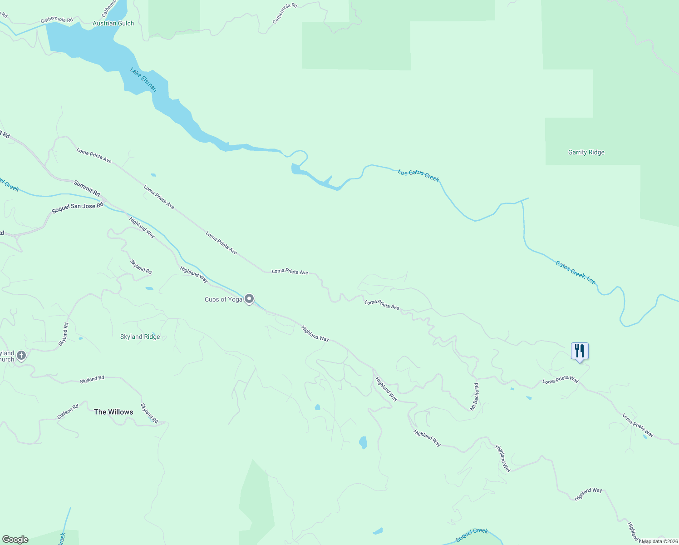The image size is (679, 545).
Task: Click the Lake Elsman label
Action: tap(143, 79)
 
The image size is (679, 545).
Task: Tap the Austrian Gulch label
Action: tap(113, 23)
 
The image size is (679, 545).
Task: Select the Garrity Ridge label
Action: tap(586, 152)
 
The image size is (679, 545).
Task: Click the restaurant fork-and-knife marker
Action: tap(580, 352)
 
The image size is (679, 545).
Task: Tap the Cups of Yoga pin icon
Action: tap(249, 299)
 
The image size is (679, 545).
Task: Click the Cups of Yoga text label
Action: tap(223, 299)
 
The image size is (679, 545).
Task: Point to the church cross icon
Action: tap(21, 355)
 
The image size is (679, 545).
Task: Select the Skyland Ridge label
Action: tap(140, 337)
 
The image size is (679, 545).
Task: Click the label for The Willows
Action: tap(113, 412)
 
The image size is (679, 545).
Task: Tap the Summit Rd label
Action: tap(87, 188)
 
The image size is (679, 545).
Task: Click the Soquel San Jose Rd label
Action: tap(77, 208)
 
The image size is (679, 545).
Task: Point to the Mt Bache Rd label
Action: tap(474, 397)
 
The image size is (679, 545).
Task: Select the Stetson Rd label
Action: tap(68, 411)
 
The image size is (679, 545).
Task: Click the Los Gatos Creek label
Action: tap(418, 175)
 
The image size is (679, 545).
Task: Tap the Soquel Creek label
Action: tap(472, 535)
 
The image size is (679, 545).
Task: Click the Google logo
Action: tap(15, 540)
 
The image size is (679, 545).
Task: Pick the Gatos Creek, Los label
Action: tap(576, 272)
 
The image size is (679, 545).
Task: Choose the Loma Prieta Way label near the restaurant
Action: tap(561, 380)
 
